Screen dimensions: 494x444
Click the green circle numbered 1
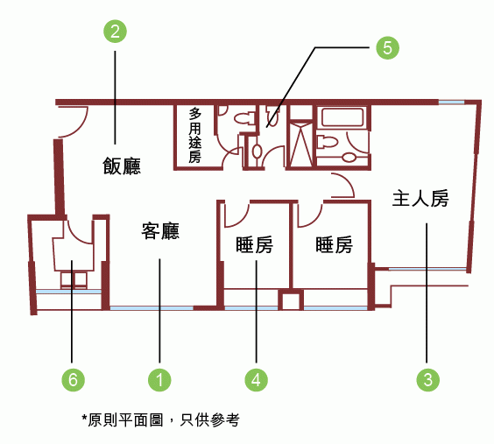pos(159,380)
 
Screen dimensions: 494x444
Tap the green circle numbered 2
pos(115,32)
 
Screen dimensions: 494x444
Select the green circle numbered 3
pos(427,380)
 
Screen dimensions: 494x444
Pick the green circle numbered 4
pos(257,380)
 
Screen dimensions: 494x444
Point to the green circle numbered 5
pos(387,48)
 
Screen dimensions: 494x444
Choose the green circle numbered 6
pos(73,380)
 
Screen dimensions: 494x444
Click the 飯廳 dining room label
pos(122,166)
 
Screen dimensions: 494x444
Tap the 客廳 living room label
pos(160,231)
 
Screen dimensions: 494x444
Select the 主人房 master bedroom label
pos(420,199)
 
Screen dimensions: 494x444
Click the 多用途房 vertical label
pos(194,136)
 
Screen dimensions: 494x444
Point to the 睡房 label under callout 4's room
pos(254,244)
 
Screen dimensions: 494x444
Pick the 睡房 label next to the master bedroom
pos(334,244)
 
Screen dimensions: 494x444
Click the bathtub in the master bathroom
pos(342,117)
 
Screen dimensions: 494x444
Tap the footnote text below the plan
pos(160,419)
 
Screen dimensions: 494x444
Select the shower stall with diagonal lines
pos(301,144)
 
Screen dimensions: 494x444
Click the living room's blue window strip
pos(152,308)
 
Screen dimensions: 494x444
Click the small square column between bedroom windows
pos(291,300)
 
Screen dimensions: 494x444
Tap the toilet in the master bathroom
pos(327,141)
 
